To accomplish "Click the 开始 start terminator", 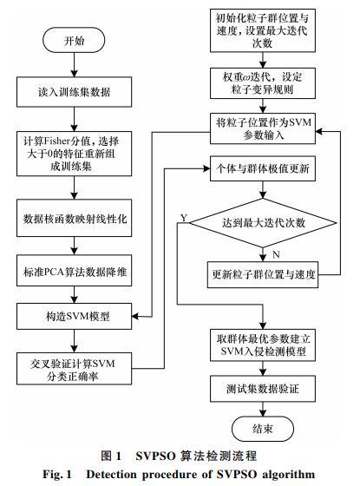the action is point(74,40).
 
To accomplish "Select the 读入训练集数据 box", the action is point(74,92).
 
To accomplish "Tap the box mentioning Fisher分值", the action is point(74,154).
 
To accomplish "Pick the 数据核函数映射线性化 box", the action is point(74,218).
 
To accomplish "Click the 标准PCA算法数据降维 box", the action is point(74,271).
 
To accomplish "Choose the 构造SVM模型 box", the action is point(74,316).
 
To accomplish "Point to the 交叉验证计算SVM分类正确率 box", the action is point(74,369).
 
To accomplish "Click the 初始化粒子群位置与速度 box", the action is point(263,30).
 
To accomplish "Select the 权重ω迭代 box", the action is point(263,83).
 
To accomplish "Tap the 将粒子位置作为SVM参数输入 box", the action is point(263,128).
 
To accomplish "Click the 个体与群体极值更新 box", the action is point(263,168).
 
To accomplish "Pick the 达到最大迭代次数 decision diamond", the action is point(263,223).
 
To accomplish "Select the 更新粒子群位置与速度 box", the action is point(263,274).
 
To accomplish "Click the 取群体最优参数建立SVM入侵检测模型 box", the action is point(263,345).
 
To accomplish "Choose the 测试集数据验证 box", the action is point(263,389).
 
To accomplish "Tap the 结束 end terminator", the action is point(263,429).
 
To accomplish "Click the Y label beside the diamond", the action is point(184,218).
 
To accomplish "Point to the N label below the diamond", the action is point(276,255).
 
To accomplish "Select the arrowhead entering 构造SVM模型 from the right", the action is point(135,317).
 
